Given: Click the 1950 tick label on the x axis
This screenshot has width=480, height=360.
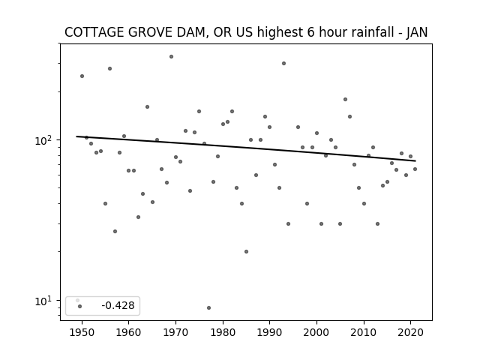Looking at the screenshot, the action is pyautogui.click(x=82, y=332).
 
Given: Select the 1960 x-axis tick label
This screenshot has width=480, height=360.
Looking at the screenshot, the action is pyautogui.click(x=128, y=332).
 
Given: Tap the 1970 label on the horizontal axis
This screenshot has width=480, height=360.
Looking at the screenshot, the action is pyautogui.click(x=175, y=332).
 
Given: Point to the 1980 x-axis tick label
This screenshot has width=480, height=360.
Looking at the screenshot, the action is pyautogui.click(x=223, y=332).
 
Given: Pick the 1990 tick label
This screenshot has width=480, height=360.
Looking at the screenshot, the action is pyautogui.click(x=270, y=332).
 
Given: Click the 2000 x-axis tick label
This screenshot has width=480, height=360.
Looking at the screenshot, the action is pyautogui.click(x=316, y=332).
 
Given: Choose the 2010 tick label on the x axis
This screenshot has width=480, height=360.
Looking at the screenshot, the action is pyautogui.click(x=364, y=332).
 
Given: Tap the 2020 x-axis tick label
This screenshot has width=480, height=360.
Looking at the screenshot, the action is pyautogui.click(x=410, y=332).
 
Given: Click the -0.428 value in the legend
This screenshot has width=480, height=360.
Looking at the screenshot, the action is pyautogui.click(x=118, y=305).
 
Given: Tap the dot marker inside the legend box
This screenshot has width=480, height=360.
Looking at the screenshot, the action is pyautogui.click(x=79, y=306).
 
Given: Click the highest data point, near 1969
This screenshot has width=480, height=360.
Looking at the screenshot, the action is pyautogui.click(x=171, y=57).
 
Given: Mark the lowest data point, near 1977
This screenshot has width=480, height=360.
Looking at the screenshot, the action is pyautogui.click(x=208, y=307).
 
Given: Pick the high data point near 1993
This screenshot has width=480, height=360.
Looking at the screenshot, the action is pyautogui.click(x=283, y=63).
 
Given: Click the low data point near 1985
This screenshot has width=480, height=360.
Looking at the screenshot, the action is pyautogui.click(x=246, y=252).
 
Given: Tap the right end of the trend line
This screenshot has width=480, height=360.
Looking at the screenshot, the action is pyautogui.click(x=415, y=160).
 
